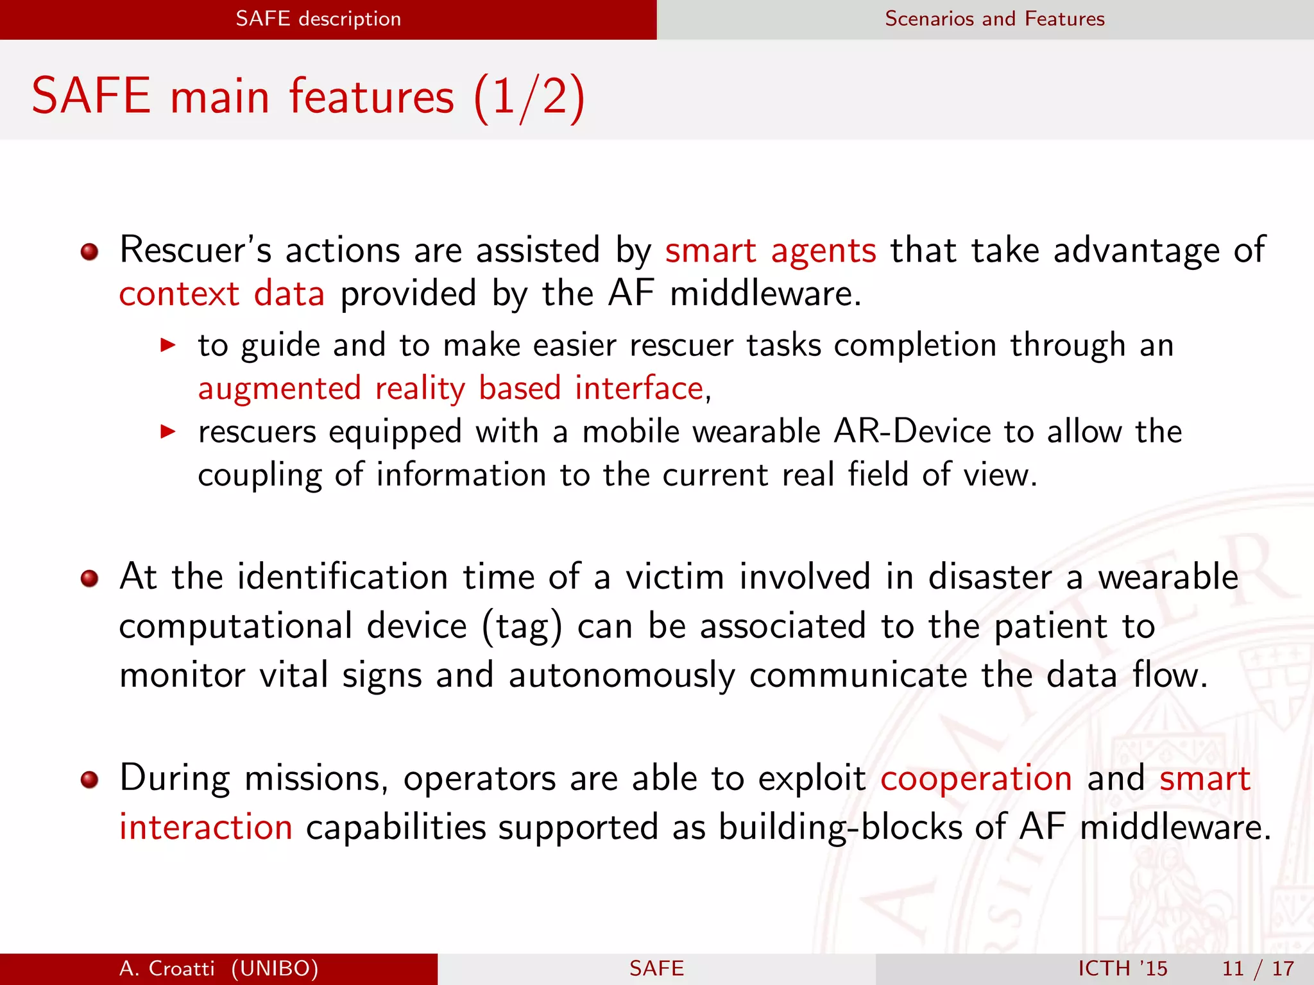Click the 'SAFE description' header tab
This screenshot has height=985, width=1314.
point(318,19)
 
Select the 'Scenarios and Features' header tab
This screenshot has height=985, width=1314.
point(994,19)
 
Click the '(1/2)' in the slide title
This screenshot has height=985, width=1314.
point(529,96)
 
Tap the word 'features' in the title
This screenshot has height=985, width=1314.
point(371,96)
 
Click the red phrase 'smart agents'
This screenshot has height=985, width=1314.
point(770,250)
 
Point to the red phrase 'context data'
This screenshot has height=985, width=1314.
point(222,294)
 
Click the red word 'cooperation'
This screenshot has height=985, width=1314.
point(976,779)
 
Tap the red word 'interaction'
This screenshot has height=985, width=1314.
point(206,827)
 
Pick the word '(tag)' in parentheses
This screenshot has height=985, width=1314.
point(522,627)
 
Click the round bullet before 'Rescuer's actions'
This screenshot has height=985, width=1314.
point(90,251)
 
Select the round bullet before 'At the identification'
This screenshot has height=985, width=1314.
point(90,579)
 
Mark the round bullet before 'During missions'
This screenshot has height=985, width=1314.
point(90,780)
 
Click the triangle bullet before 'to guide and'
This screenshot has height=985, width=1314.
point(167,346)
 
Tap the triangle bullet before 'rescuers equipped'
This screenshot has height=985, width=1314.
point(167,432)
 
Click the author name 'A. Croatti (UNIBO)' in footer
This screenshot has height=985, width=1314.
point(219,968)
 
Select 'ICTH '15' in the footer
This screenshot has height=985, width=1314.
point(1122,968)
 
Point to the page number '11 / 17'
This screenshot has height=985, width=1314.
point(1258,968)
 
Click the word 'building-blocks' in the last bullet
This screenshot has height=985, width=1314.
point(840,827)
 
